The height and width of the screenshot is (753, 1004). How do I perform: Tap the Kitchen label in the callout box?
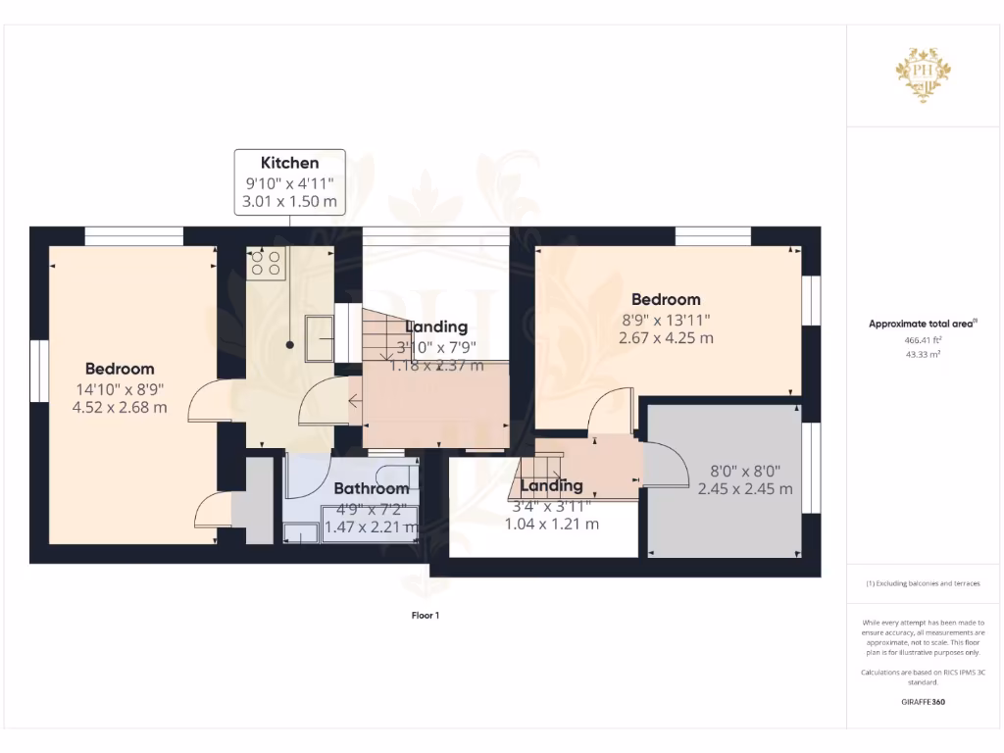(x=289, y=163)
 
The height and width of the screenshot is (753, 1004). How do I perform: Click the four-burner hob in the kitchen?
(x=266, y=263)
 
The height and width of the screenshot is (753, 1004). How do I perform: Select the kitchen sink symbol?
(x=319, y=338)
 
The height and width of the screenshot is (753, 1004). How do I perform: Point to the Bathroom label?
(x=371, y=488)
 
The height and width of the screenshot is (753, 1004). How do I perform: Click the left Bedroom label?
(x=120, y=369)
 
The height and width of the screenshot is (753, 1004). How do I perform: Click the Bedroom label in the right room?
(x=666, y=299)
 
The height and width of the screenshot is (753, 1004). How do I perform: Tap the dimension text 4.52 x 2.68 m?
(x=120, y=407)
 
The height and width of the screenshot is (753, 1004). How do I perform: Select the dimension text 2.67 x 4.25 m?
(x=666, y=337)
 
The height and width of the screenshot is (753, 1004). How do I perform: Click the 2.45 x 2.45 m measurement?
(x=745, y=489)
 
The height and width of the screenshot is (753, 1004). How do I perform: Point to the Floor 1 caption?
(x=425, y=616)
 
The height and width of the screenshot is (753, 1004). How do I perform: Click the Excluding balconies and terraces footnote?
(x=923, y=583)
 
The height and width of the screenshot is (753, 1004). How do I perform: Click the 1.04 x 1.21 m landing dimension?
(x=551, y=525)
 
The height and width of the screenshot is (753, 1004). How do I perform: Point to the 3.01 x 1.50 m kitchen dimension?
(x=289, y=203)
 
